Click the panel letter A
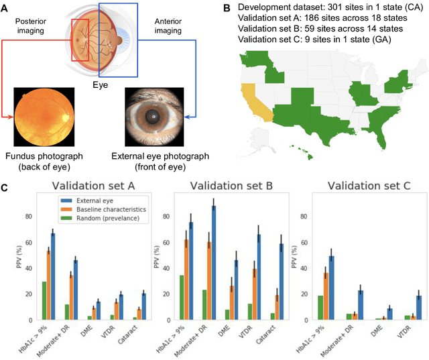[x=5, y=7]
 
